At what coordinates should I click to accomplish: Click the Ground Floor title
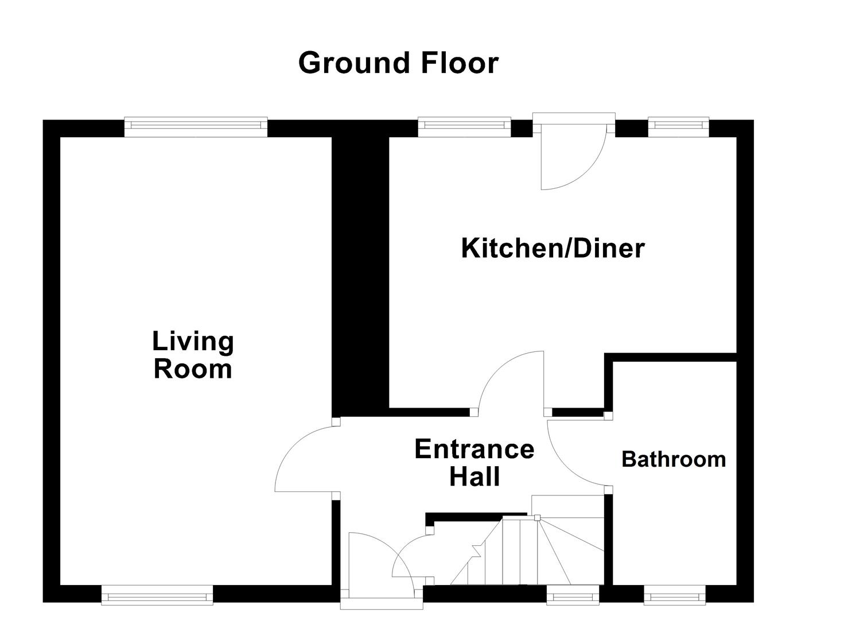398,63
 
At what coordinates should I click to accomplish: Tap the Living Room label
193,355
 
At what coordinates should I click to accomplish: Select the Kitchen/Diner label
553,249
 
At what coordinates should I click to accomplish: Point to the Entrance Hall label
474,463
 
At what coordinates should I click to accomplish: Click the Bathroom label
674,459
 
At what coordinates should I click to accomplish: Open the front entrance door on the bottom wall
382,603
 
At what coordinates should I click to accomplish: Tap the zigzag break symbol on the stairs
476,551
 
